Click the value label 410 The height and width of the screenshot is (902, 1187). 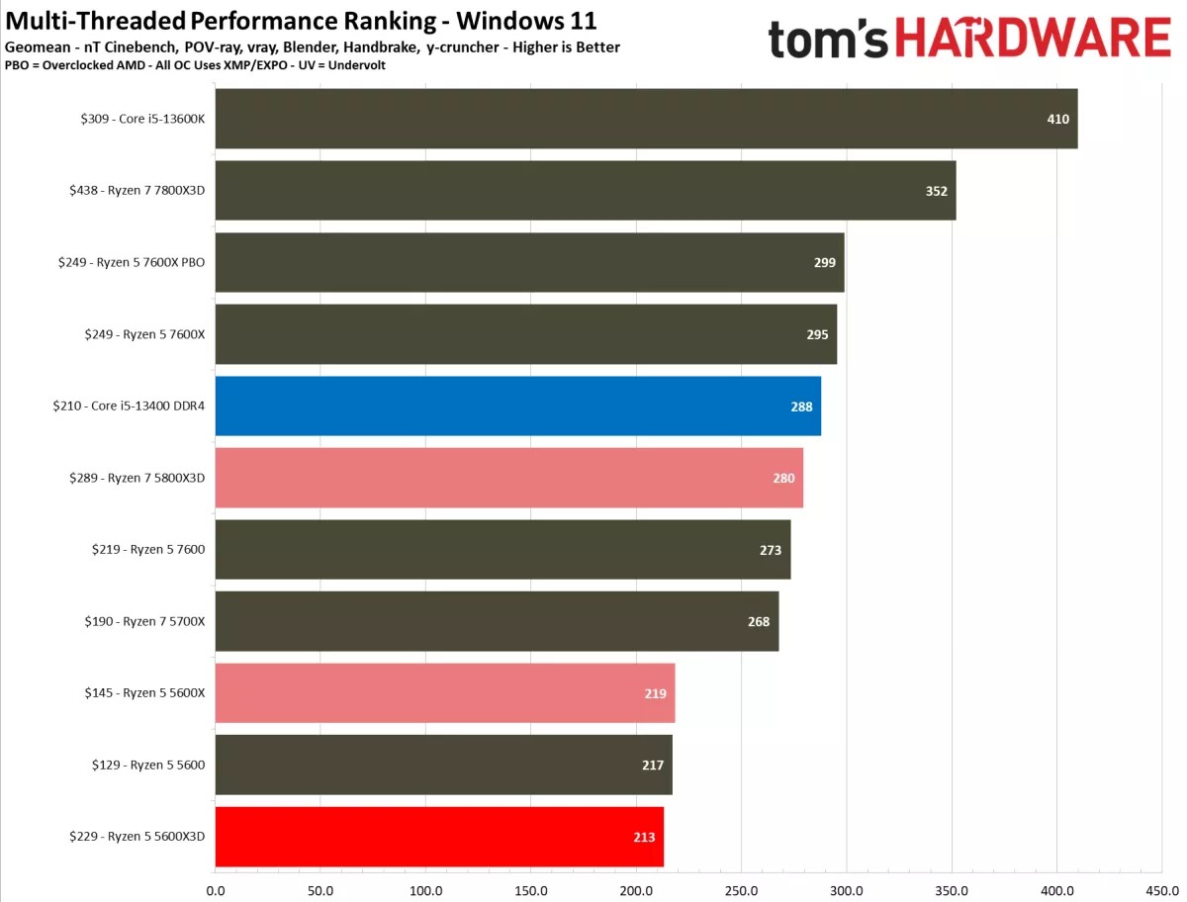[1057, 119]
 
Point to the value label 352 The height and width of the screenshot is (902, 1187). [936, 191]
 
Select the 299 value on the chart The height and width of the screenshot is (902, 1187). [824, 263]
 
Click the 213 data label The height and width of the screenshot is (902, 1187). [644, 837]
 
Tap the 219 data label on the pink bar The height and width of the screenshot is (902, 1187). [655, 693]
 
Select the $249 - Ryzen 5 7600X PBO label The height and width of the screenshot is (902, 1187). [132, 263]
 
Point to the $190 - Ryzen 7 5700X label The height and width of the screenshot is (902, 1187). [144, 621]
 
